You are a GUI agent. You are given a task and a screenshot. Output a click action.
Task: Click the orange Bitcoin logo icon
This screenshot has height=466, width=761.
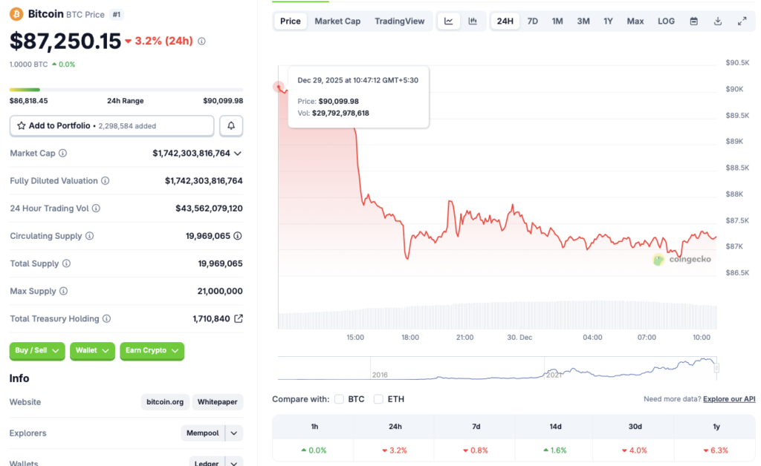[16, 13]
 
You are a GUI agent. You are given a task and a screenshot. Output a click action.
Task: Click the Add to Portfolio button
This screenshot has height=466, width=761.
[111, 126]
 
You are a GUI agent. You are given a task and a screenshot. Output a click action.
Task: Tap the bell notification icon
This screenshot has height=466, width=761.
[231, 126]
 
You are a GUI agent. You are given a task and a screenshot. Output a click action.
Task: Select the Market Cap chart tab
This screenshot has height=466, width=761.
[337, 21]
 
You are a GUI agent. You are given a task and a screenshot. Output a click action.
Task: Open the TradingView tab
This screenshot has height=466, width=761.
[400, 21]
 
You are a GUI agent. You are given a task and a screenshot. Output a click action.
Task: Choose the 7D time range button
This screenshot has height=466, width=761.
[533, 21]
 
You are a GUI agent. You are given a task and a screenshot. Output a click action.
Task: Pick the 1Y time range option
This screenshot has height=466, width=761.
[608, 21]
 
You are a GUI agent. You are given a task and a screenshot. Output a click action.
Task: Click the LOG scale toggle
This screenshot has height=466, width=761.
[666, 21]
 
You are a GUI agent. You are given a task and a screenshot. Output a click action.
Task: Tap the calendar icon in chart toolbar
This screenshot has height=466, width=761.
[693, 21]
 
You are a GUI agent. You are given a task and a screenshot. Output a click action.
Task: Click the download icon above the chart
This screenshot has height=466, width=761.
[718, 21]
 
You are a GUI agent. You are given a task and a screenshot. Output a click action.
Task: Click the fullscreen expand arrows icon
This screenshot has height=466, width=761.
[742, 21]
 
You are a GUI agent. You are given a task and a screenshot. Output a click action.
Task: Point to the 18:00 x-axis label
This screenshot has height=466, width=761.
[410, 337]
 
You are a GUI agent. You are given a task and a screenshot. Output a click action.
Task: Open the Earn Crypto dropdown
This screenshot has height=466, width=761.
[152, 351]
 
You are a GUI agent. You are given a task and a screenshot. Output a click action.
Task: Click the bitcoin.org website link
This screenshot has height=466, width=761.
[165, 402]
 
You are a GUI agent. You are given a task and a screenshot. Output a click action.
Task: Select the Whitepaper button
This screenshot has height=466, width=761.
[218, 402]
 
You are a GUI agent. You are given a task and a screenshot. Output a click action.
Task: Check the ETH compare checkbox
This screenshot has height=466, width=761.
[378, 399]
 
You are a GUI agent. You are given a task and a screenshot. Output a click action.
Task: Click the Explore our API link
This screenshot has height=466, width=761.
[728, 399]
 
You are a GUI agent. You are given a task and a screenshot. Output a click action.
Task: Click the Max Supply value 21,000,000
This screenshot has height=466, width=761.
[220, 291]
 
